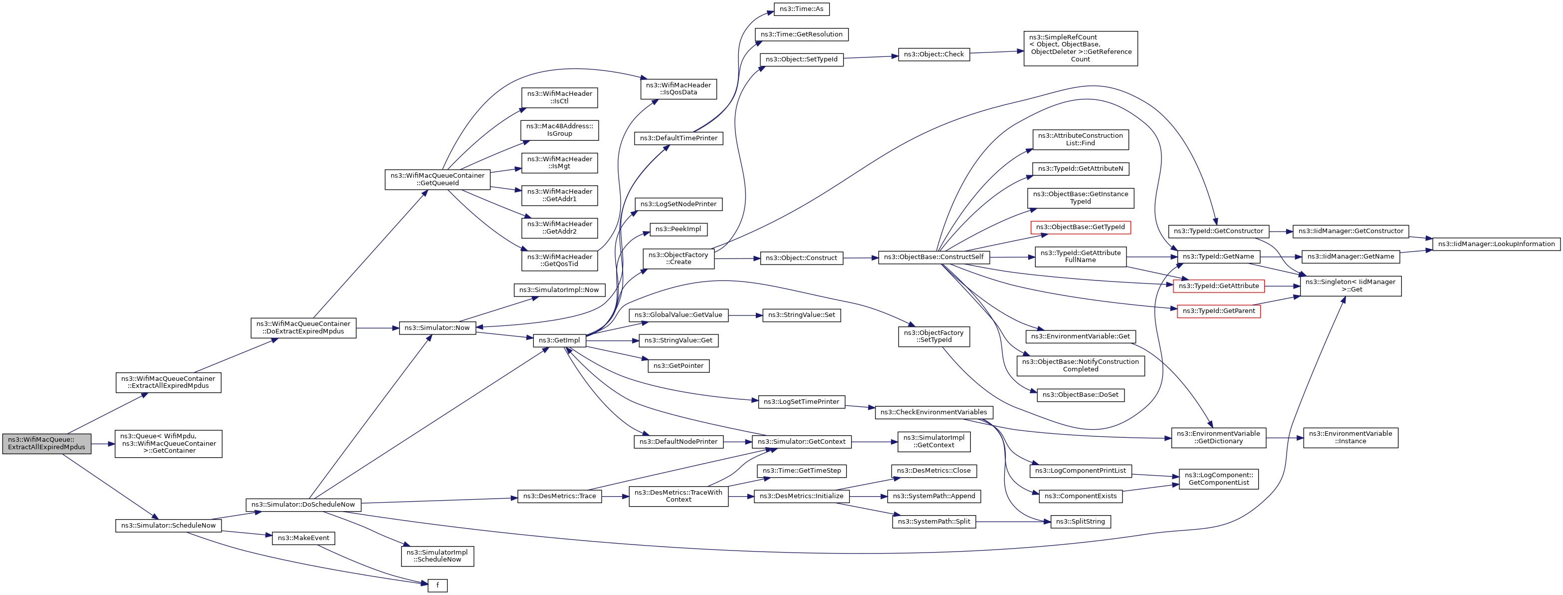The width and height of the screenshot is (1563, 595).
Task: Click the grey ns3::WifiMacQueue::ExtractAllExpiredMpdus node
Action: coord(47,443)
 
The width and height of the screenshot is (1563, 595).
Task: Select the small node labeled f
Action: coord(438,586)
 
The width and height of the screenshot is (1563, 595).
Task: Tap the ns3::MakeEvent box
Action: coord(303,538)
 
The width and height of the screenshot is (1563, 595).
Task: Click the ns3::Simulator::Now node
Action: coord(438,328)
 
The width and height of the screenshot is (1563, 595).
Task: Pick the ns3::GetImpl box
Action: coord(559,340)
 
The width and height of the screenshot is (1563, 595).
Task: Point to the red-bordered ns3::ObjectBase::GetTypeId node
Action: coord(1080,227)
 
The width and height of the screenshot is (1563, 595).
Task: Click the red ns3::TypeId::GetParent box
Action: coord(1218,311)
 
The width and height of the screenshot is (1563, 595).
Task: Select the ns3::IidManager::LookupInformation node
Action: coord(1496,244)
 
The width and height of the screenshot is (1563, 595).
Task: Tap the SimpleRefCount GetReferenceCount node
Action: coord(1080,48)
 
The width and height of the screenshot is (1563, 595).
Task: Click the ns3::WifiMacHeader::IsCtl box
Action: coord(559,97)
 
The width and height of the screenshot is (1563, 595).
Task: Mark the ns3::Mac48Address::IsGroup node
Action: coord(559,130)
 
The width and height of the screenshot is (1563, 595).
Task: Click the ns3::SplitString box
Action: coord(1080,522)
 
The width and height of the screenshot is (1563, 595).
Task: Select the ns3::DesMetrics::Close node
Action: coord(933,471)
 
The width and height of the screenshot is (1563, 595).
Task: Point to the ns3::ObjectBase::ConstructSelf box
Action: coord(933,258)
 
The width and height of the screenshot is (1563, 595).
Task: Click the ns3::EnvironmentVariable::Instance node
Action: coord(1350,437)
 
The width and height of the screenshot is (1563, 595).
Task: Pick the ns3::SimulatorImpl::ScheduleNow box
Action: coord(438,556)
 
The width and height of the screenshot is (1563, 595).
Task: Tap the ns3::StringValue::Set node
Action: coord(801,315)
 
